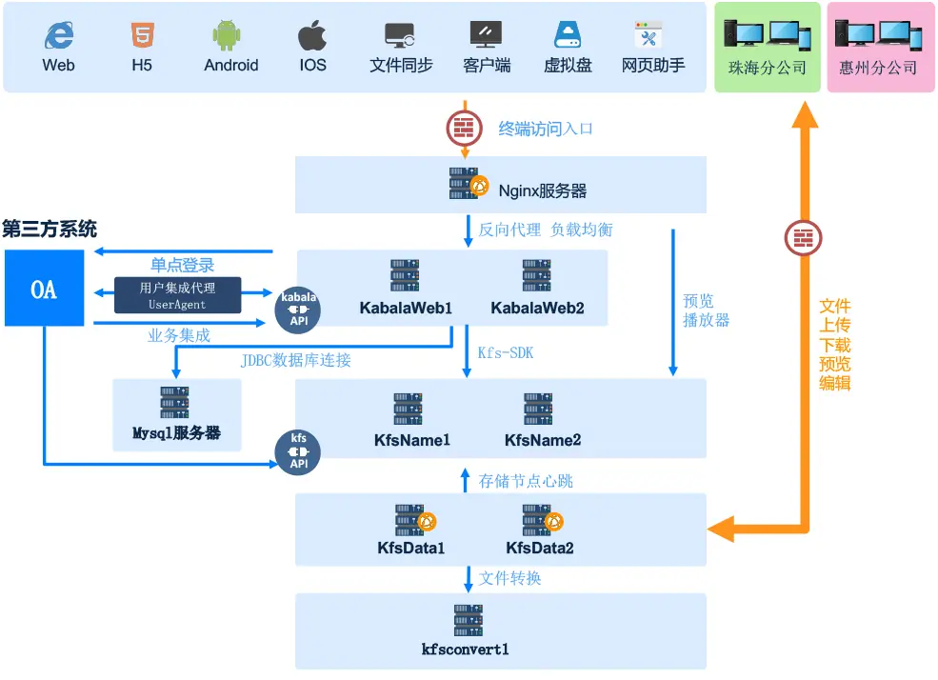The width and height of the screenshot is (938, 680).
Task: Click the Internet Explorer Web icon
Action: tap(58, 36)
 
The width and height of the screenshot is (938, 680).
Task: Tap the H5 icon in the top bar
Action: tap(141, 36)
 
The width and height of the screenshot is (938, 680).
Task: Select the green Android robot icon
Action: tap(230, 36)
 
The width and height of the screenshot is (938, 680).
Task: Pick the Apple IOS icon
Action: tap(312, 36)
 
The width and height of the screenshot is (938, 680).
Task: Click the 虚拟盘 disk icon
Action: tap(568, 36)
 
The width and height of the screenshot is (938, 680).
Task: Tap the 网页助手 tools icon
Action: tap(652, 36)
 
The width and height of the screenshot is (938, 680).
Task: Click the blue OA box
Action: tap(44, 289)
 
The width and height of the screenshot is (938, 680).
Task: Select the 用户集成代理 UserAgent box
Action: tap(177, 295)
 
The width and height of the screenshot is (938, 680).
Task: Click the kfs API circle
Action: tap(298, 451)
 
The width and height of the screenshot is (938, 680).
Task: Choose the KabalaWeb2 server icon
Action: tap(537, 275)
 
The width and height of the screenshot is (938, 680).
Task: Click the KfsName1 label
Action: tap(411, 440)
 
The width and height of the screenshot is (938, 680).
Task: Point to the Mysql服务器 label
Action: tap(176, 432)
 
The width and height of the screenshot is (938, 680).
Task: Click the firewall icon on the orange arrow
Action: tap(804, 236)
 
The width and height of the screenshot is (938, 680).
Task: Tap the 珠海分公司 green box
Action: tap(767, 48)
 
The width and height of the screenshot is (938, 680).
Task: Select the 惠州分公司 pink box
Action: tap(878, 48)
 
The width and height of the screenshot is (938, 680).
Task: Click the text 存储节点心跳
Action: tap(526, 481)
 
